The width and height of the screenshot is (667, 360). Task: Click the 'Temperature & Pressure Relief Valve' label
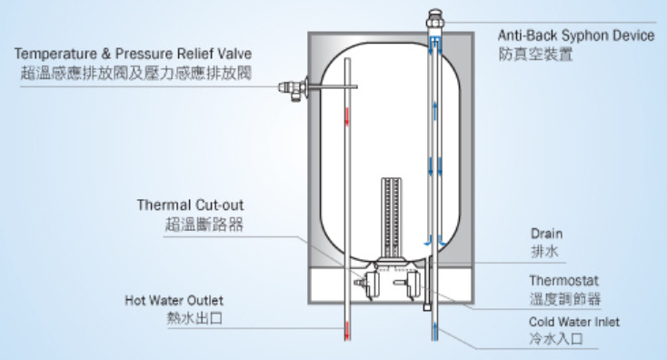tap(134, 54)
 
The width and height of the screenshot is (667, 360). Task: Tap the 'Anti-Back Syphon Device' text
tap(576, 35)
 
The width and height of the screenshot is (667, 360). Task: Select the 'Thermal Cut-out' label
tap(190, 205)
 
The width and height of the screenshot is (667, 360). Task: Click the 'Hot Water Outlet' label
tap(174, 300)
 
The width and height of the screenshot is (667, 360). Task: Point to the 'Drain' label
tap(547, 234)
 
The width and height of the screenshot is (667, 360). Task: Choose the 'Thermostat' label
tap(563, 281)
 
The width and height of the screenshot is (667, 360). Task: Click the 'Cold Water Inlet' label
tap(574, 322)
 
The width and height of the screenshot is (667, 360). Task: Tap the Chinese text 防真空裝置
tap(535, 54)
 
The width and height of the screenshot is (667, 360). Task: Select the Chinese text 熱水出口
tap(194, 318)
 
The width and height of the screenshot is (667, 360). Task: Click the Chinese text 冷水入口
tap(556, 339)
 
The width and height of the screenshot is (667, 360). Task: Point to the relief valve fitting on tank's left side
tap(294, 88)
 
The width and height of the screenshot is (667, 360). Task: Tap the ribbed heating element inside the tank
tap(392, 218)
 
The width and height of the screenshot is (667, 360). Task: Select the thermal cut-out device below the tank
tap(369, 285)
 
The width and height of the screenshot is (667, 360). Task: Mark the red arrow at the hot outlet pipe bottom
tap(347, 331)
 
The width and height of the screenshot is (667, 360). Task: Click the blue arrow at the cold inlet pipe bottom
tap(435, 329)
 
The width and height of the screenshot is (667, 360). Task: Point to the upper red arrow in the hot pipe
tap(347, 116)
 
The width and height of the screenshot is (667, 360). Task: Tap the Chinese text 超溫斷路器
tap(204, 224)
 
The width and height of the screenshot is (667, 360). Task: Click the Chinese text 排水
tap(544, 251)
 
